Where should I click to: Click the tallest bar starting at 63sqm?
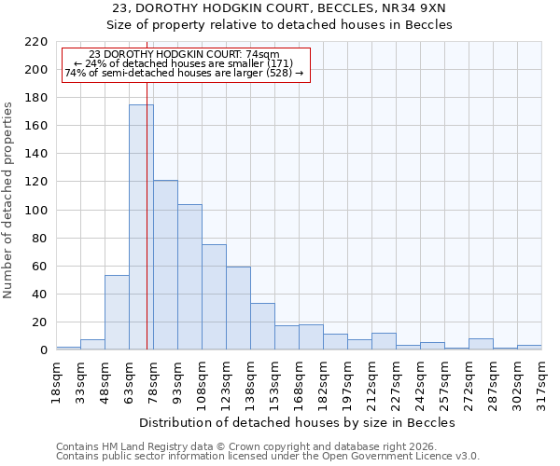tap(141, 227)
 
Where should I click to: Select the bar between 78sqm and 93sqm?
tap(165, 265)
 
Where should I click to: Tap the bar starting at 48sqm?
tap(117, 312)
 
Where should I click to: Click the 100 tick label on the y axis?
tap(35, 211)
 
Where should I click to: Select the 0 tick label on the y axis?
tap(43, 350)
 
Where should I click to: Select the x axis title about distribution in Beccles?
tap(298, 422)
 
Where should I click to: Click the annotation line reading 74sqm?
tap(184, 55)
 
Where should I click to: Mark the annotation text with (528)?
tap(184, 73)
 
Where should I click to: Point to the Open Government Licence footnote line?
tap(268, 457)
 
